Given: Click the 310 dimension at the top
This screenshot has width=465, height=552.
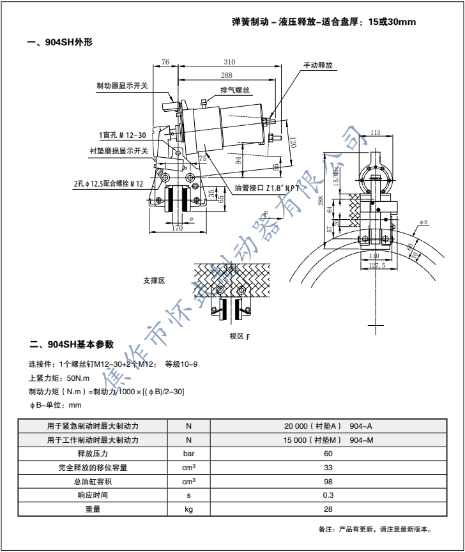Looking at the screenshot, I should click(230, 62).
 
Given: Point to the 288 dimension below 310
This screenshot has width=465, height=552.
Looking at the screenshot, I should click(226, 76).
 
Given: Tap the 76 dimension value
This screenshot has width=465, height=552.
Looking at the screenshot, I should click(165, 62).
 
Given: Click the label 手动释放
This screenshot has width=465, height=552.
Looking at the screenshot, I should click(319, 65).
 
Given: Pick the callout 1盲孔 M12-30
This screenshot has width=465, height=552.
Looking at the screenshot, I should click(123, 135).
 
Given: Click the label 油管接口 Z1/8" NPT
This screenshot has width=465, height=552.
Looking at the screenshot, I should click(267, 188).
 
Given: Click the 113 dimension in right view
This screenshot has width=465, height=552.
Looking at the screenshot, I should click(376, 133).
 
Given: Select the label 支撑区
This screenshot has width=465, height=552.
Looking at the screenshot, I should click(155, 280).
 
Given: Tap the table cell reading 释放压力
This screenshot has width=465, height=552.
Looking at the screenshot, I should click(93, 454).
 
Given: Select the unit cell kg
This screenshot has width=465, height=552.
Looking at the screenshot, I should click(188, 509).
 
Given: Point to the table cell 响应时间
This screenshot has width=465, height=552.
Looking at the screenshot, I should click(93, 495).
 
